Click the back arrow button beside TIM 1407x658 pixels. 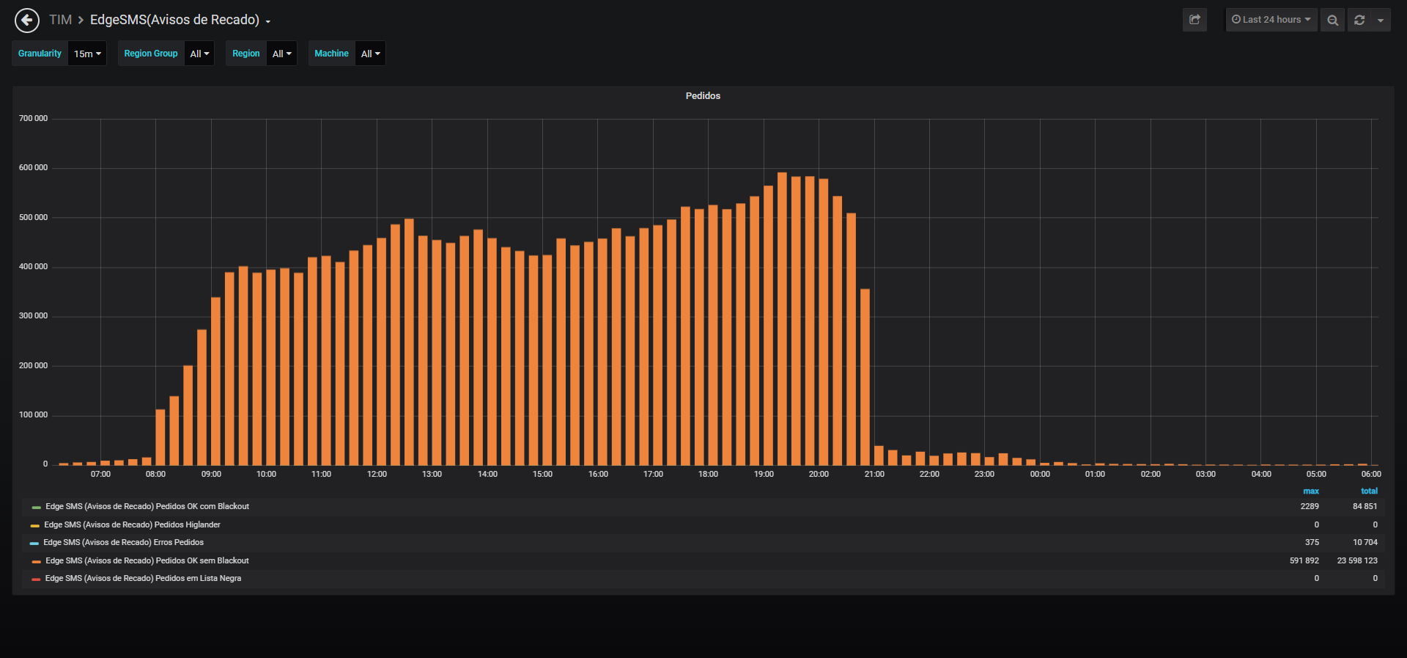pos(27,21)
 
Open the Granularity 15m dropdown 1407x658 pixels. pos(87,54)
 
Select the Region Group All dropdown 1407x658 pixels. pos(199,54)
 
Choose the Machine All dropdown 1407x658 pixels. pos(370,54)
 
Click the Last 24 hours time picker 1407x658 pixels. pos(1271,20)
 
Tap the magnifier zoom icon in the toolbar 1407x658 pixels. pos(1333,21)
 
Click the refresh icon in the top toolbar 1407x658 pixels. pos(1359,21)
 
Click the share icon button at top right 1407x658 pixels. pos(1194,20)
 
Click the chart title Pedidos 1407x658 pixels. pos(703,96)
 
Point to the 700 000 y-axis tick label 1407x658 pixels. pos(33,119)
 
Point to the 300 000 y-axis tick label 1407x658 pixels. pos(33,316)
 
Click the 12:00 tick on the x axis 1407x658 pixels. pos(377,475)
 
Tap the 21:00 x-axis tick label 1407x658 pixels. pos(874,475)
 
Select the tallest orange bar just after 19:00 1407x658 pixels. pos(782,318)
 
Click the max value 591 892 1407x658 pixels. pos(1304,561)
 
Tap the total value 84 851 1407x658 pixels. pos(1365,507)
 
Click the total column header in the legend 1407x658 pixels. pos(1369,491)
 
